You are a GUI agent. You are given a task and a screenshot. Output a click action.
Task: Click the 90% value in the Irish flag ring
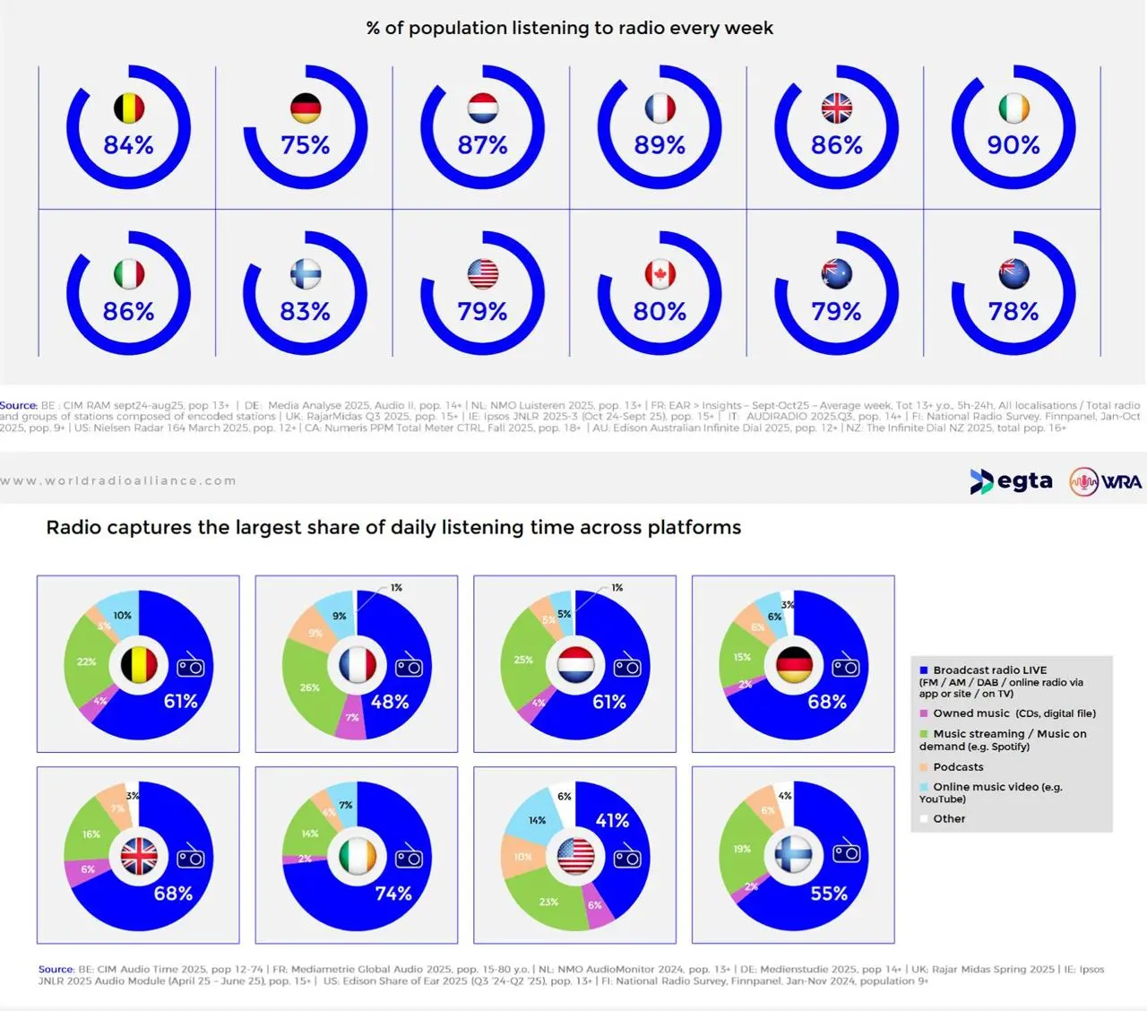1013,145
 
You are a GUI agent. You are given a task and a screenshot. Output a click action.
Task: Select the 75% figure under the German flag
306,145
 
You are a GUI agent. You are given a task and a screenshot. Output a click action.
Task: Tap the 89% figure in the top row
660,145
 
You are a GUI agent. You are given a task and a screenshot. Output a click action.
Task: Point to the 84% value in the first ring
128,145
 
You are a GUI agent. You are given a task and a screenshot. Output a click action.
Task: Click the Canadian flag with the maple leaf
660,274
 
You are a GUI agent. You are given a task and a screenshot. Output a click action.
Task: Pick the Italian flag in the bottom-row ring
129,274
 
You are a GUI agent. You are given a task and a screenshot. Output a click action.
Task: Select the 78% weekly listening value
1013,312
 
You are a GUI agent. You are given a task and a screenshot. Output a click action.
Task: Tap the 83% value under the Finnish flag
306,312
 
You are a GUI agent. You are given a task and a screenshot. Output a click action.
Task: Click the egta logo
1012,481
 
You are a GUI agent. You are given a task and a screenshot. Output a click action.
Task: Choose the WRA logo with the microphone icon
1106,481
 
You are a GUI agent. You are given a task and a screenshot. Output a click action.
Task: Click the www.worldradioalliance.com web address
118,481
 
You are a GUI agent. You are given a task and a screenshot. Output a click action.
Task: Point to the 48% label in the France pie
390,702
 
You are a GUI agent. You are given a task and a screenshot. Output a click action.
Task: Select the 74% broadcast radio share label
393,894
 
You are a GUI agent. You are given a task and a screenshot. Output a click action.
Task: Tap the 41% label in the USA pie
612,820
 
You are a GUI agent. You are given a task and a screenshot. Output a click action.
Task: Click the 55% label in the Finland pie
829,894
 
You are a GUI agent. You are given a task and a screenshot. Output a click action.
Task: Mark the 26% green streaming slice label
309,687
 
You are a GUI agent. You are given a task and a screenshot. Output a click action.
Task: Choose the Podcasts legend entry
958,767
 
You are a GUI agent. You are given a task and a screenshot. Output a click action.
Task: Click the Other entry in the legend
949,819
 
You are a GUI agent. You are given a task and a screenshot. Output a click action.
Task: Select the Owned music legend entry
1013,713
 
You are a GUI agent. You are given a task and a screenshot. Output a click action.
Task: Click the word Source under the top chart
18,405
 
